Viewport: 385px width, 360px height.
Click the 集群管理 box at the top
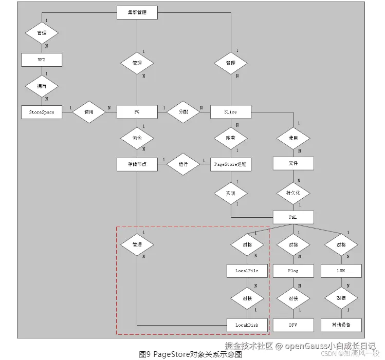[137, 12]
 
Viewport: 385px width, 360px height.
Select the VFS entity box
[42, 60]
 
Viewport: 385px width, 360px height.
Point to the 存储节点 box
[137, 164]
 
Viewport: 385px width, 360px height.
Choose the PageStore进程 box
[231, 164]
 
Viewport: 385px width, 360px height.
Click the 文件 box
[293, 164]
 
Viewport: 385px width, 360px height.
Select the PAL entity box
[293, 217]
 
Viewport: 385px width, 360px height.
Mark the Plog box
[293, 270]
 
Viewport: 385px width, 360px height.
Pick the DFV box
[293, 325]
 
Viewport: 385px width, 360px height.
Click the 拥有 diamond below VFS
[42, 86]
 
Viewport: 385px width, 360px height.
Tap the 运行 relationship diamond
[184, 164]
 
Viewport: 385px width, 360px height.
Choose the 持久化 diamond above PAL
[293, 193]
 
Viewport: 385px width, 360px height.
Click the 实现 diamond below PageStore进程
[231, 193]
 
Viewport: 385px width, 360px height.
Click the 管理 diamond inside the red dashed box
[137, 244]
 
